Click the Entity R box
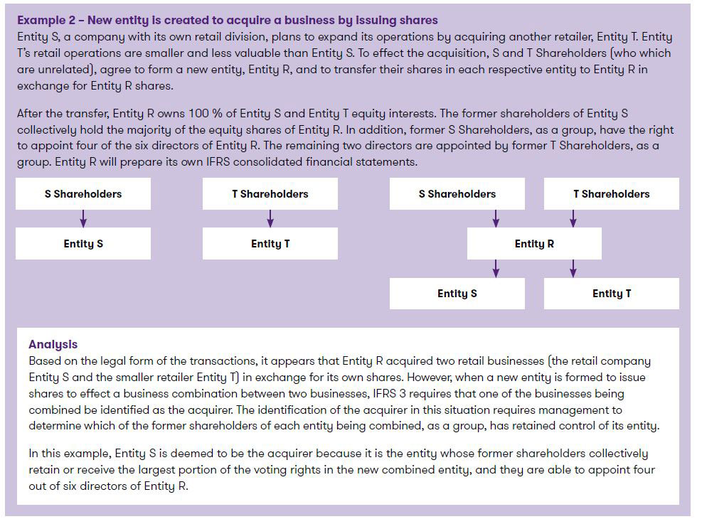tap(534, 244)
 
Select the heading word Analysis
tap(53, 345)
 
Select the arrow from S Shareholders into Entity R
tap(496, 218)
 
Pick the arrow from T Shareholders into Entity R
tap(573, 218)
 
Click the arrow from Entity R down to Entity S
tap(496, 269)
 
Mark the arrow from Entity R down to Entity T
tap(573, 269)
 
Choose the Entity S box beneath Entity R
tap(457, 294)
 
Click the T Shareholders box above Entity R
tap(611, 194)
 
